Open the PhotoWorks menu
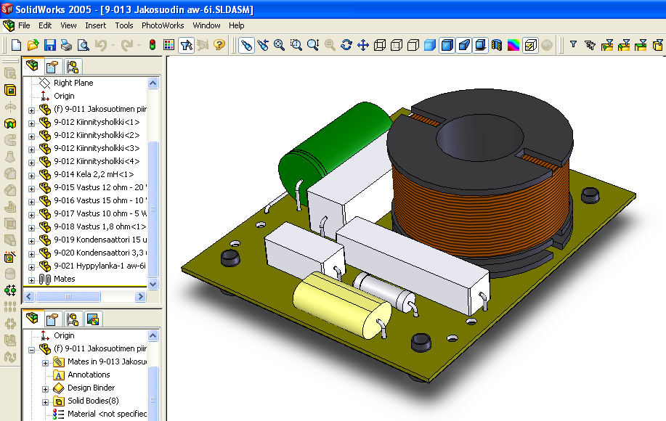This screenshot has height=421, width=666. point(163,25)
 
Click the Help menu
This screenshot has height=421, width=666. point(237,25)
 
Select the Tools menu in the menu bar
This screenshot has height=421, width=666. point(124,25)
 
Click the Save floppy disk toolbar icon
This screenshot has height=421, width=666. point(50,45)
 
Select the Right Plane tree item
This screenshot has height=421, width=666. point(73,83)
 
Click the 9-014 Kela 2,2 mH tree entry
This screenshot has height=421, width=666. point(94,174)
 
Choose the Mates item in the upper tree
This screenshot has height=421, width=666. point(64,279)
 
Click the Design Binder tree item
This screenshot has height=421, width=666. point(91,388)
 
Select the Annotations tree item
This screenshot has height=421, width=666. point(89,375)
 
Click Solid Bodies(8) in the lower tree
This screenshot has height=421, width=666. point(92,401)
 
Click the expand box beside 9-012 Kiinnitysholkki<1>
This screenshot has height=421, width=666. point(31,123)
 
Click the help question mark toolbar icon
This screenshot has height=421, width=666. point(219,45)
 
